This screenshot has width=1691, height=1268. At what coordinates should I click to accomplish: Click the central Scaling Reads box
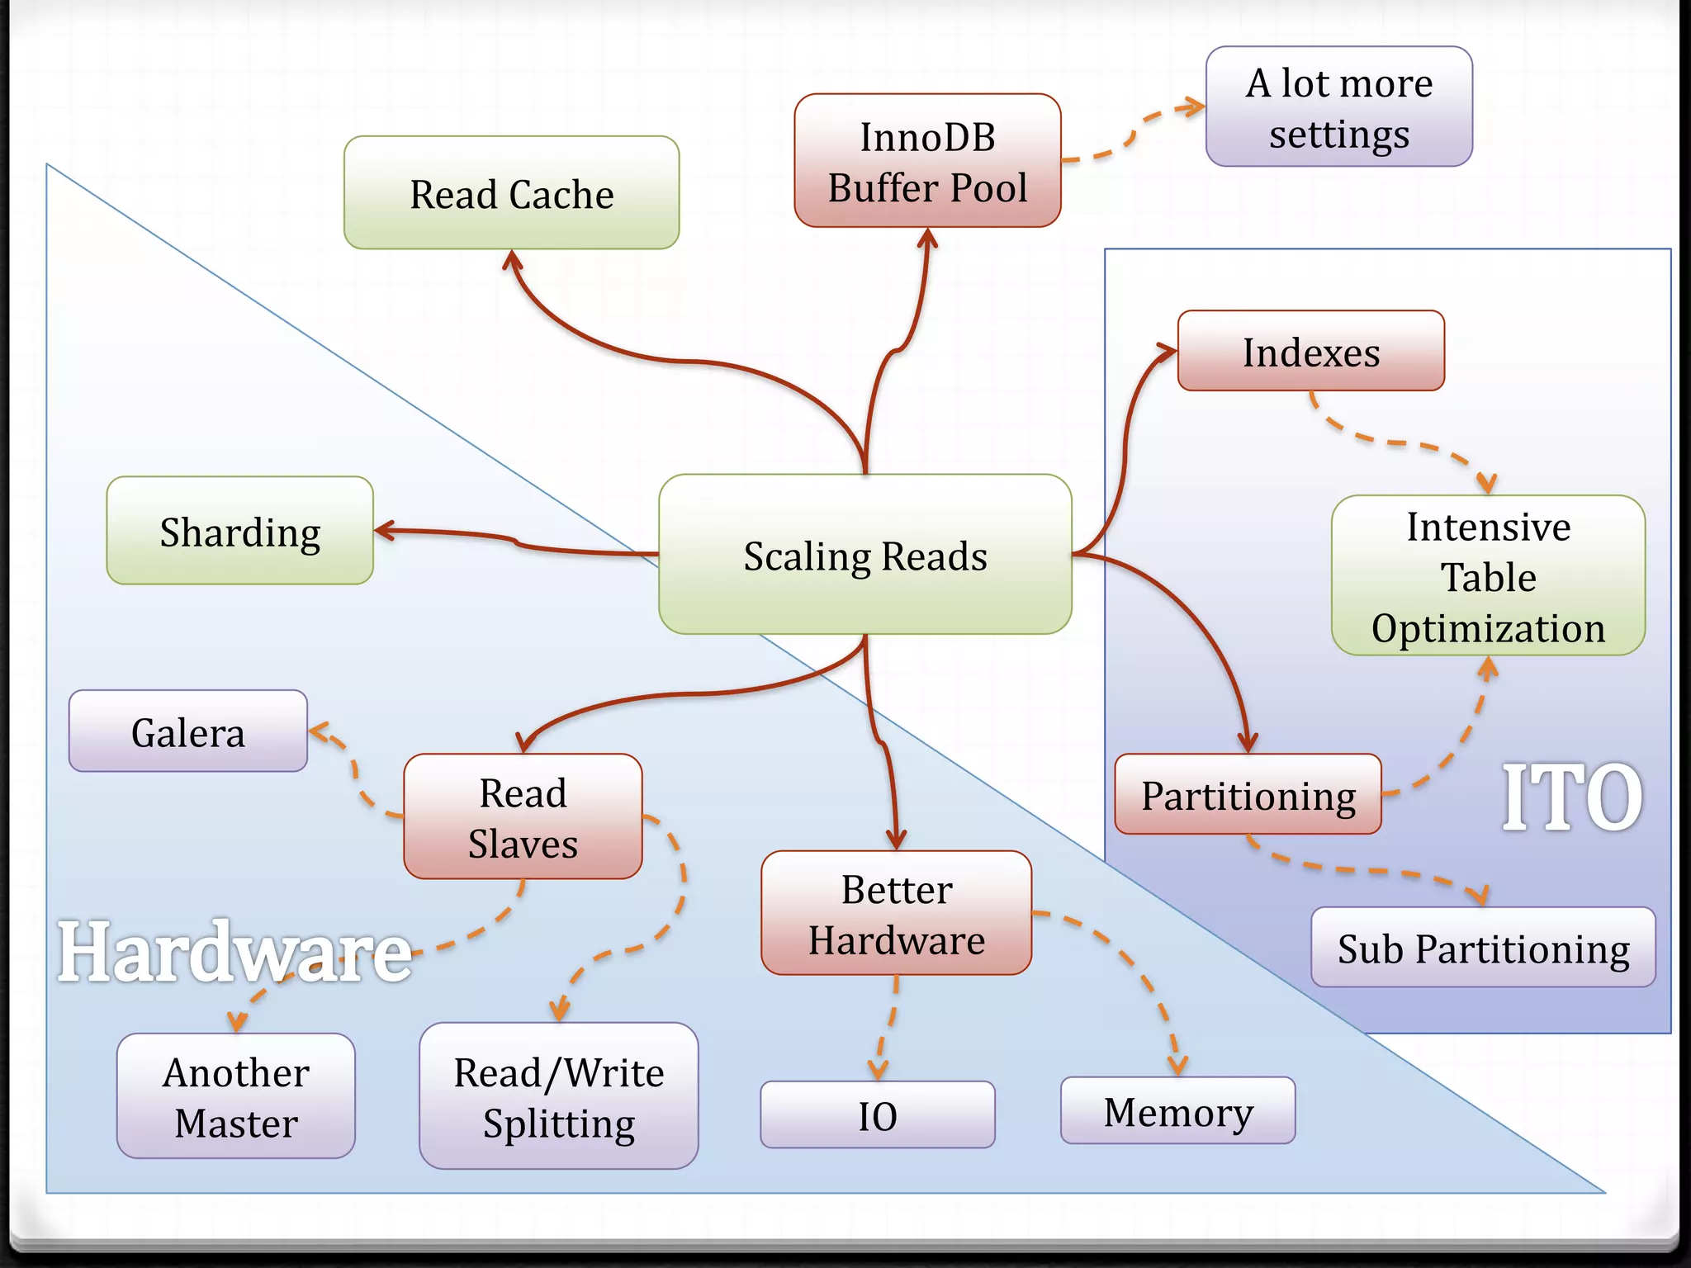(x=864, y=555)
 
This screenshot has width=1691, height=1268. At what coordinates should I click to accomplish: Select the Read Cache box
(x=511, y=193)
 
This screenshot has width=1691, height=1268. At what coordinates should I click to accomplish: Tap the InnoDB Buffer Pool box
(x=927, y=161)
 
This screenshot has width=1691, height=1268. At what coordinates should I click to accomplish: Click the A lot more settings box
(x=1338, y=107)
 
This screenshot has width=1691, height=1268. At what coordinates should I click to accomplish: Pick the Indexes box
(x=1310, y=352)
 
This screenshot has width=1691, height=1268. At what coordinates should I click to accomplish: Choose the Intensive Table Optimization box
(x=1488, y=576)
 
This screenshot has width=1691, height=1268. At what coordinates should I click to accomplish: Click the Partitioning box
(x=1248, y=795)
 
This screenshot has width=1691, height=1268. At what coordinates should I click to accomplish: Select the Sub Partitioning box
(x=1483, y=948)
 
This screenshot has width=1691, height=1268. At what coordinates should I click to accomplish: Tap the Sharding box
(x=239, y=531)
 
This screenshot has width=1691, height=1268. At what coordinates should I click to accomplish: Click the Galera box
(x=188, y=732)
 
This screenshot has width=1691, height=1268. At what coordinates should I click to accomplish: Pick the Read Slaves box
(x=523, y=817)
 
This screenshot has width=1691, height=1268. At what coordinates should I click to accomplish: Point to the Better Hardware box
(x=896, y=914)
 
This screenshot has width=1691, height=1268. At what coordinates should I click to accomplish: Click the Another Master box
(x=236, y=1096)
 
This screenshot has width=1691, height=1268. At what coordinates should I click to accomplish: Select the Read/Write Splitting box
(x=559, y=1096)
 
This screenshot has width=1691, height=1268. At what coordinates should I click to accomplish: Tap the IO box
(x=877, y=1115)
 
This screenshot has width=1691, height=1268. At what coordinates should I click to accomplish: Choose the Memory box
(x=1177, y=1111)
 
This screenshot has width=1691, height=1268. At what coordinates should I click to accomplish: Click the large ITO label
(x=1570, y=797)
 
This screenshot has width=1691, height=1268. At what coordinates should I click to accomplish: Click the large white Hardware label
(x=234, y=953)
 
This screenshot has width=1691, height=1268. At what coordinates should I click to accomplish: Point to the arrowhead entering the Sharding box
(x=383, y=531)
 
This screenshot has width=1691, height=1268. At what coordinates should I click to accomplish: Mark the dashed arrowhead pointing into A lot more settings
(x=1195, y=106)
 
